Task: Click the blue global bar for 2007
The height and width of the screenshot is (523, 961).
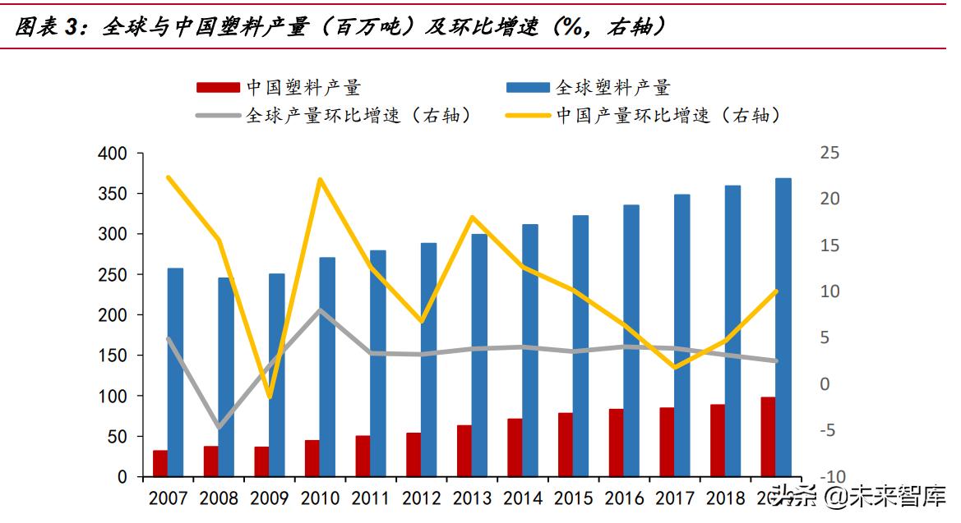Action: coord(175,372)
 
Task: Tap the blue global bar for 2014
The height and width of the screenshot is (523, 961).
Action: coord(530,350)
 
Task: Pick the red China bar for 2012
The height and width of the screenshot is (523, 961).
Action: coord(414,454)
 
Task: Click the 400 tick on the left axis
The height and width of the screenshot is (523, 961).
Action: coord(113,154)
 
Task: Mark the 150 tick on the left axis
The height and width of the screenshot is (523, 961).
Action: coord(113,356)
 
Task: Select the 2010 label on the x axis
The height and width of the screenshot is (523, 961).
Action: coord(320,498)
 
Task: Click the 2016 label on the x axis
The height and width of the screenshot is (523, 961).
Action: coord(624,498)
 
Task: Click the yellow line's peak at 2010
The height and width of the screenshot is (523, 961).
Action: coord(320,179)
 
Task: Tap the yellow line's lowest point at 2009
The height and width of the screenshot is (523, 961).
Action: coord(269,397)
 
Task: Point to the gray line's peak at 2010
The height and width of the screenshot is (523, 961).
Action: coord(320,310)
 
